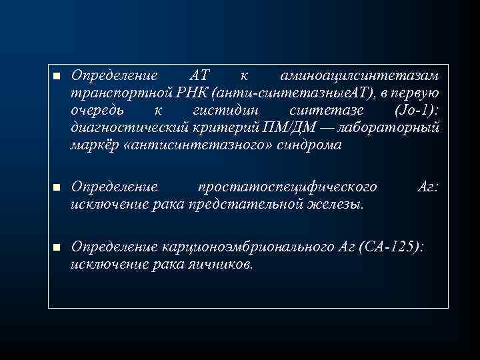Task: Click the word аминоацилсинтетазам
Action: click(360, 76)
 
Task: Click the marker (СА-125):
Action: click(390, 247)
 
